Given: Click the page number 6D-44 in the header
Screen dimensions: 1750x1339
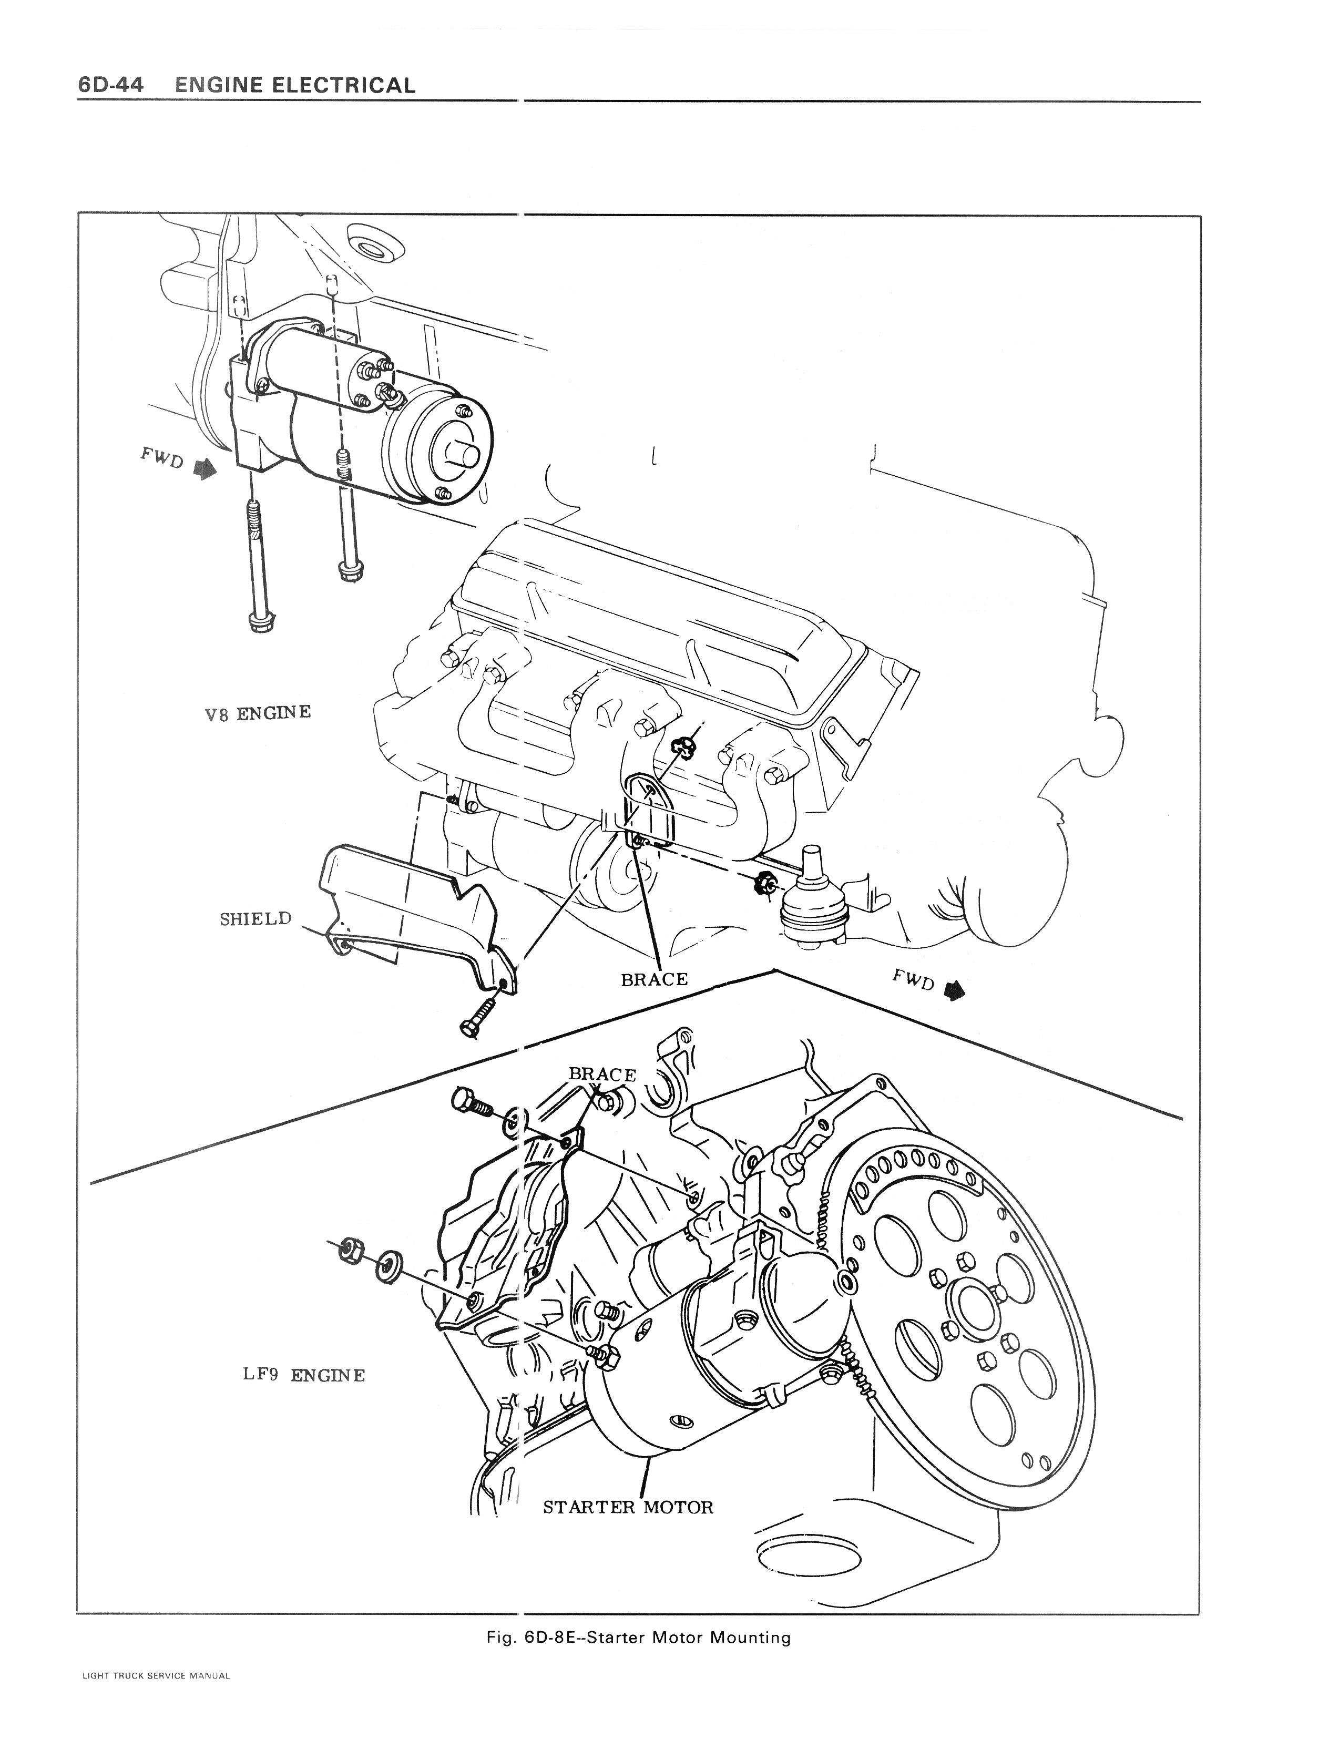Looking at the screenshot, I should pyautogui.click(x=111, y=85).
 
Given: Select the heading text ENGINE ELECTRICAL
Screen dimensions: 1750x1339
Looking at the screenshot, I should pyautogui.click(x=295, y=85).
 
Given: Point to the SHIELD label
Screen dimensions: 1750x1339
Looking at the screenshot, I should pyautogui.click(x=255, y=919).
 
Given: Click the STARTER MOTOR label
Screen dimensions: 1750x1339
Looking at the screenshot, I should pyautogui.click(x=628, y=1508).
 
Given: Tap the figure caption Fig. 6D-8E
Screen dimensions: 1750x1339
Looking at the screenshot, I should pyautogui.click(x=638, y=1634).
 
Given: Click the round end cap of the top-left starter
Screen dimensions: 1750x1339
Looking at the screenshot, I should pyautogui.click(x=446, y=453).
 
